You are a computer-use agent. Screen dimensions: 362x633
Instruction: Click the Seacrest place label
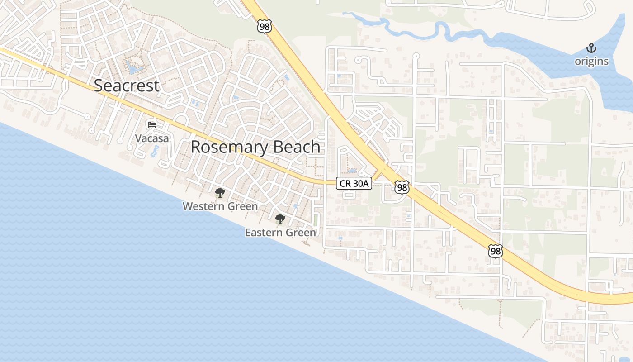coord(127,86)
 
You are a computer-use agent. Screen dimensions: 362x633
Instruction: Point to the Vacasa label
coord(152,138)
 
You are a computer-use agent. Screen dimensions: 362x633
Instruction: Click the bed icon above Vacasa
coord(152,124)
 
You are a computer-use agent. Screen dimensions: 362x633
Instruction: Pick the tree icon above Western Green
coord(220,193)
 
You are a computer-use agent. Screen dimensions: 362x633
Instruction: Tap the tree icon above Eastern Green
coord(280,219)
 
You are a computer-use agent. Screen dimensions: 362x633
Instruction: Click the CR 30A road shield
coord(354,183)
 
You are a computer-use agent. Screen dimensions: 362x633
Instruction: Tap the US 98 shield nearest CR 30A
coord(402,187)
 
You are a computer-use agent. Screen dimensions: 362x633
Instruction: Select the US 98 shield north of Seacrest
coord(265,26)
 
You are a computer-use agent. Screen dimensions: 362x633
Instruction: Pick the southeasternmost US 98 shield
coord(496,251)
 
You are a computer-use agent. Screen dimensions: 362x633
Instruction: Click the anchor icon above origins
coord(591,48)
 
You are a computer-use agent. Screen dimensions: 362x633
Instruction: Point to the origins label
coord(591,61)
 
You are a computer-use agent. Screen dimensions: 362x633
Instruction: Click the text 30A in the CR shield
coord(360,183)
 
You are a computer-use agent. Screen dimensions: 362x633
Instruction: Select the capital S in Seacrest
coord(99,86)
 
